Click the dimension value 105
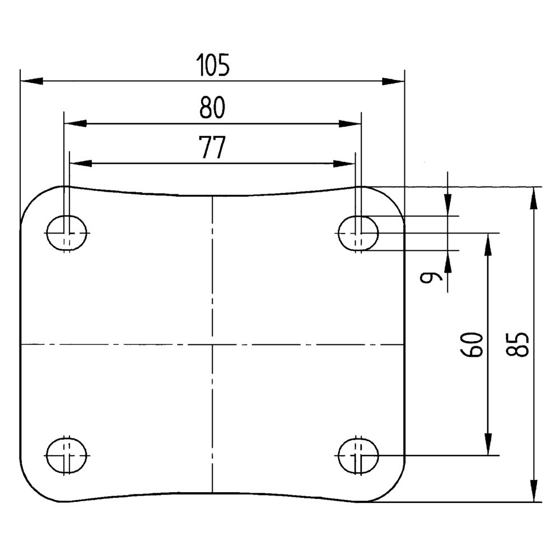click(213, 66)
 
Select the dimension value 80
click(212, 108)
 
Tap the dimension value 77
click(212, 148)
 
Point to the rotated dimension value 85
click(519, 344)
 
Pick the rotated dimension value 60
click(472, 344)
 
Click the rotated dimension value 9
click(431, 277)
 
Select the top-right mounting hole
click(358, 232)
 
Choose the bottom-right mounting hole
click(358, 455)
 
